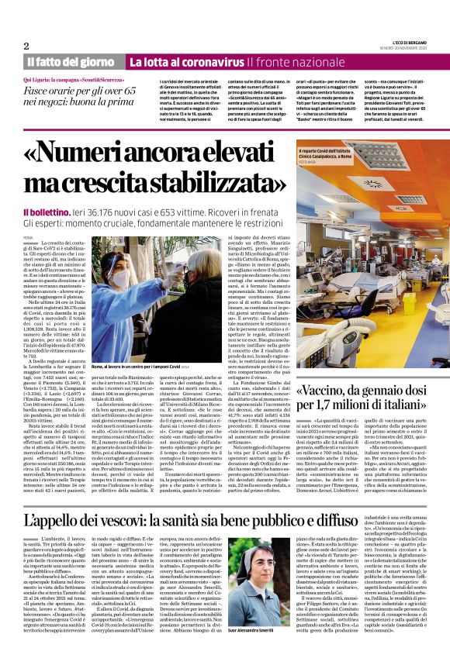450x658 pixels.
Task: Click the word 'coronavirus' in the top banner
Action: coord(213,62)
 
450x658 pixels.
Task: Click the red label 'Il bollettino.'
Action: coord(50,212)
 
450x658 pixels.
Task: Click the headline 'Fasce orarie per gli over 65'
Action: coord(74,91)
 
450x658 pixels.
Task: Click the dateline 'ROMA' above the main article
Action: coord(28,236)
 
